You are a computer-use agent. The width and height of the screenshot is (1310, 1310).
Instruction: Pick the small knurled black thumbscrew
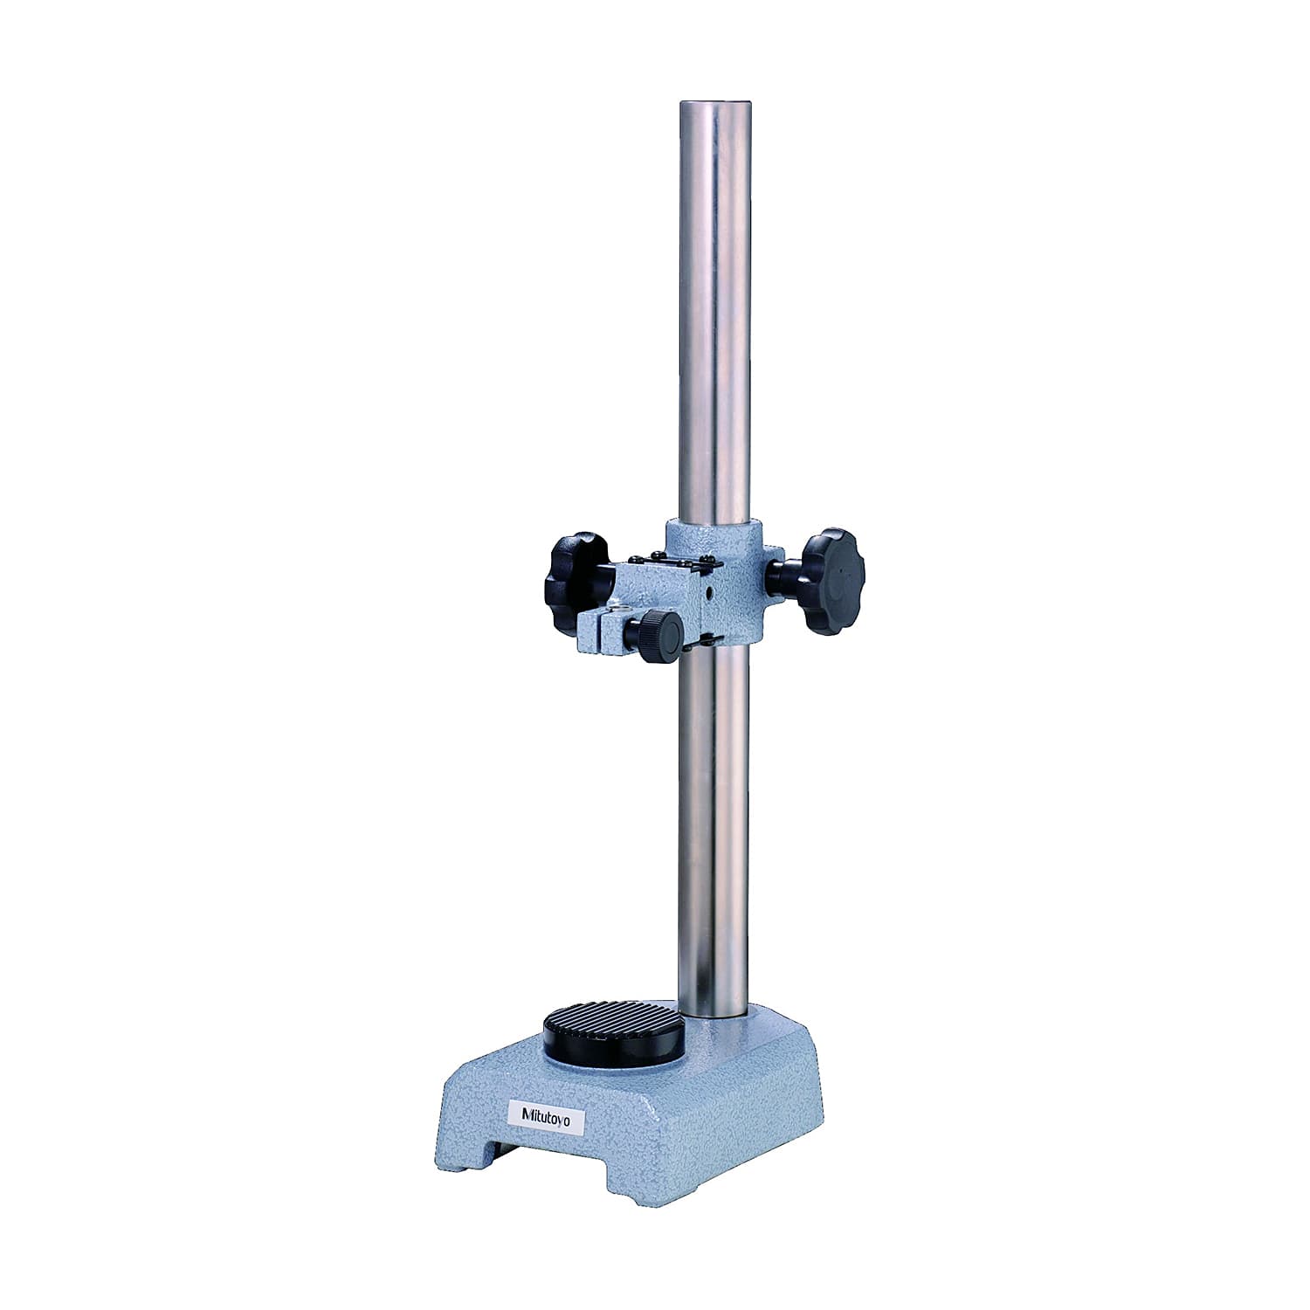660,636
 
